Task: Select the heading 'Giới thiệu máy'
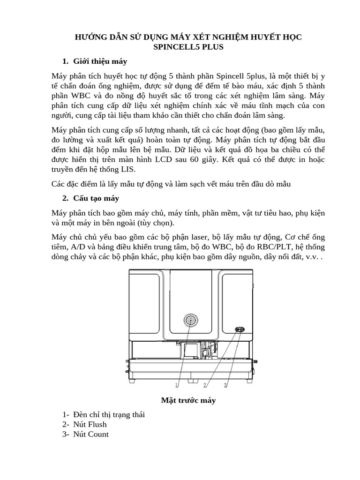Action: point(100,61)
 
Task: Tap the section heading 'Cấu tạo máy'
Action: point(97,198)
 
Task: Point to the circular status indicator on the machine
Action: point(191,320)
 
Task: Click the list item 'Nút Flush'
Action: point(90,424)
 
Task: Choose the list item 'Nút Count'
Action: point(91,434)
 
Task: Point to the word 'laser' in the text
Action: point(221,237)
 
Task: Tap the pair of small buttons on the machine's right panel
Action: point(239,330)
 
